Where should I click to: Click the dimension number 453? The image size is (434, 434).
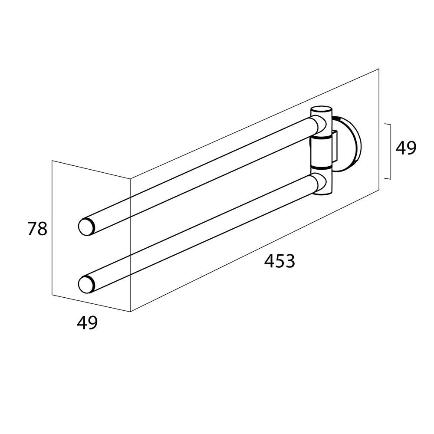click(279, 261)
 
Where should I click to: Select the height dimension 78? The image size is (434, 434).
click(37, 229)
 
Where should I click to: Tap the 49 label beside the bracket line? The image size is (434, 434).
click(406, 148)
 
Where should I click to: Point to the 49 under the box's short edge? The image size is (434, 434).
click(87, 323)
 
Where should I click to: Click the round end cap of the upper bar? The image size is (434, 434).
click(87, 227)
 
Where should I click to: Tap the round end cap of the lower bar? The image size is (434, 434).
click(87, 285)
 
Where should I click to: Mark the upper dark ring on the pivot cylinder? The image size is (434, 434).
click(321, 137)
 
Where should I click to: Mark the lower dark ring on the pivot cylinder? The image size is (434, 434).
click(321, 167)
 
